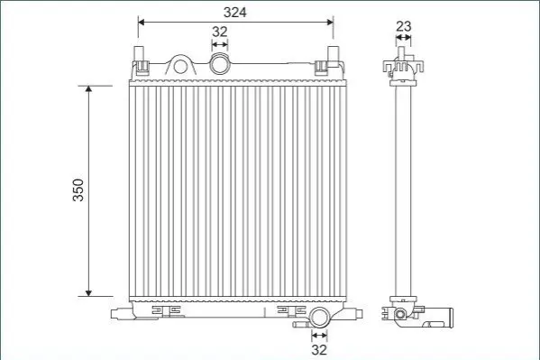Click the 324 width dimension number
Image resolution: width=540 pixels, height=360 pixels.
[x=235, y=13]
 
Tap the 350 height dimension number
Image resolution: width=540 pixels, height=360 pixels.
[x=78, y=190]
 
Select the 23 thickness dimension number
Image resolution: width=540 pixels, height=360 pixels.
[x=404, y=26]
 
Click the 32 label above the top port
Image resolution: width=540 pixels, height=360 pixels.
[x=220, y=32]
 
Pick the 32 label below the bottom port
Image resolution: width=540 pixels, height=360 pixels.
[x=319, y=350]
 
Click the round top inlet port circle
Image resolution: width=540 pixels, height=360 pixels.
[x=220, y=64]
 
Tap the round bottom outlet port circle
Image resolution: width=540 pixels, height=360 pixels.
[x=319, y=318]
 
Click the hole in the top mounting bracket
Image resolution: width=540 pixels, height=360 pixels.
[x=180, y=66]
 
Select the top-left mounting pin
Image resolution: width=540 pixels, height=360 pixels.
[x=139, y=54]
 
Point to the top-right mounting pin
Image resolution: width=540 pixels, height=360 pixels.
[x=333, y=54]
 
